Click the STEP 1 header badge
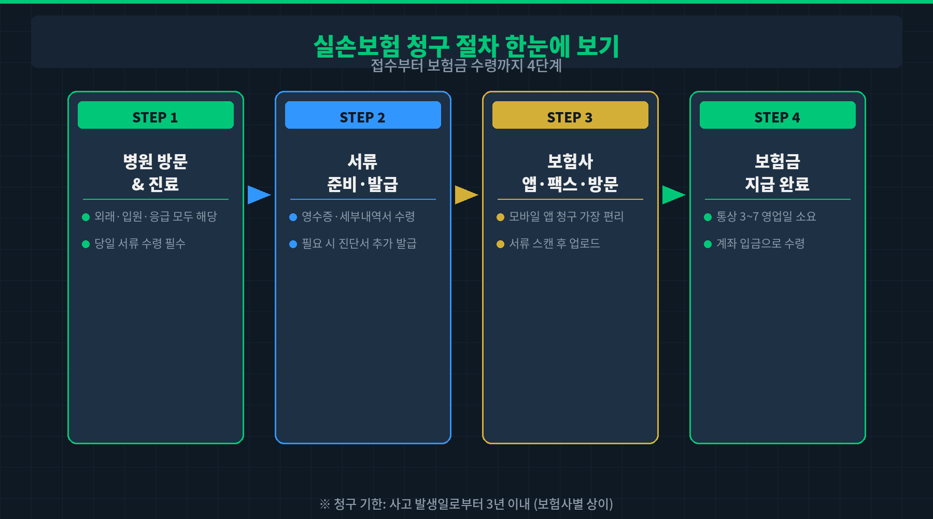tap(155, 115)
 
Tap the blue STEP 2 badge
tap(363, 115)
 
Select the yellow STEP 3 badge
tap(570, 115)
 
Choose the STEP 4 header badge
tap(777, 115)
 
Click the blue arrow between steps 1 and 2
tap(258, 195)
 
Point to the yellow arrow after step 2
tap(465, 195)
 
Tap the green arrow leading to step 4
tap(673, 195)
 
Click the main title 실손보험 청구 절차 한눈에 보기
tap(466, 46)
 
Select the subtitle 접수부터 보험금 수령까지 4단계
tap(466, 66)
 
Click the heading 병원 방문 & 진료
tap(155, 172)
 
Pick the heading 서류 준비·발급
tap(363, 172)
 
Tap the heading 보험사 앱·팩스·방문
tap(570, 172)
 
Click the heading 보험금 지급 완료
tap(777, 172)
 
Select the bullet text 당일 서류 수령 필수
tap(140, 243)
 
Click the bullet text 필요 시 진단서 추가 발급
tap(359, 243)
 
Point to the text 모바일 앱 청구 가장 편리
tap(567, 216)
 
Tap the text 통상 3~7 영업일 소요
tap(766, 216)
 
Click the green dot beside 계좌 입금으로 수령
tap(708, 244)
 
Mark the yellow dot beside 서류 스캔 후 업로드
tap(500, 244)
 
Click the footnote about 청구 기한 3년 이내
tap(466, 504)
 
